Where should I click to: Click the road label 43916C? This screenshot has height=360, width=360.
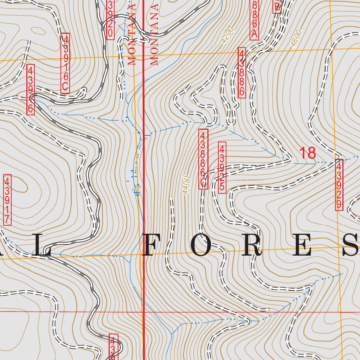coord(65,63)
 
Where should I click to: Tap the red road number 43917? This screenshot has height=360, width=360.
coord(7,200)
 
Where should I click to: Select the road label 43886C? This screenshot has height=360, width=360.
coord(203,159)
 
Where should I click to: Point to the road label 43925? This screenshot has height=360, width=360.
coord(222,167)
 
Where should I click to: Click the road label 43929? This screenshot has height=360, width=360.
coord(339,185)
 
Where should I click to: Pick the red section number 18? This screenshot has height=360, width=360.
coord(308,153)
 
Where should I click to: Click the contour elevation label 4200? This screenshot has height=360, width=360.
coord(227,37)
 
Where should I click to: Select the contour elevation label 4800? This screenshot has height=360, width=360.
coord(296,39)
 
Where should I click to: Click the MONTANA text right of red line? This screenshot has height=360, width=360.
coord(154,35)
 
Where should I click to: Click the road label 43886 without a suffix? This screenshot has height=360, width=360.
coord(242,73)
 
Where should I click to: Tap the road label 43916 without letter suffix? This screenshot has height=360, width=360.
coord(31,89)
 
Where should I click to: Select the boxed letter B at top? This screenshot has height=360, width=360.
coord(277,6)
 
